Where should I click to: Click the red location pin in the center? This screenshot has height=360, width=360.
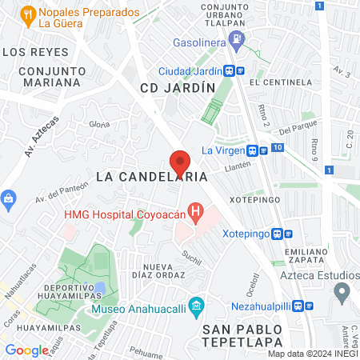coord(181,162)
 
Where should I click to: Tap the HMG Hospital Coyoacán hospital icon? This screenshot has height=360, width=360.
coord(194,213)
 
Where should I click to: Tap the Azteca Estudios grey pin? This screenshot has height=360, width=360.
coord(342,292)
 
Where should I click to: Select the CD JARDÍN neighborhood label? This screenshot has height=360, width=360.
coord(178,87)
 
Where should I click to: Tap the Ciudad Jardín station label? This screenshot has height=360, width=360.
coord(189,70)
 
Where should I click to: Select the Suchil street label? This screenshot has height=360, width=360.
coord(191,256)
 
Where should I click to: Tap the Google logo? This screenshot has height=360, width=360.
coord(26,350)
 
